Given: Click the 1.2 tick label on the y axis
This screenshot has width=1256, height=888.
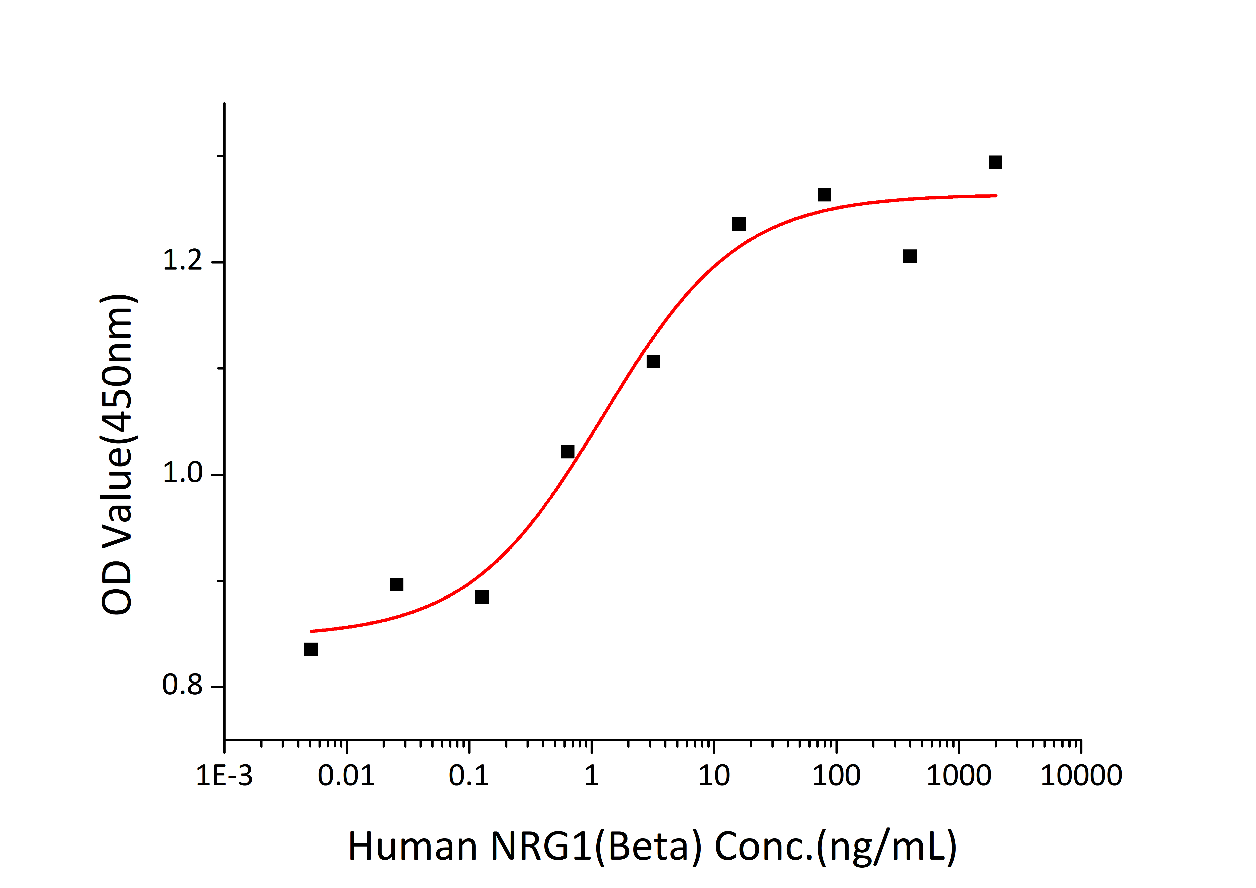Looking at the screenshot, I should coord(183,260).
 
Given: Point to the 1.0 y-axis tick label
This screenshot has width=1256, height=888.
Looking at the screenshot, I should coord(183,473).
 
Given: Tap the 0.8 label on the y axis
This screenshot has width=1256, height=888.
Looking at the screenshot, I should coord(183,685).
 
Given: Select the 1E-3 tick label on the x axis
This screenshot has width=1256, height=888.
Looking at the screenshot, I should coord(224,776).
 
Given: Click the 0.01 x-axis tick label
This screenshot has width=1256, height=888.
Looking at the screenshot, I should coord(346,776).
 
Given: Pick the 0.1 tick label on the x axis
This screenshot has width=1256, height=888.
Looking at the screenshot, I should coord(469,776).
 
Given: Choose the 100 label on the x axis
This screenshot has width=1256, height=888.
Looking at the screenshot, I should coord(836,776).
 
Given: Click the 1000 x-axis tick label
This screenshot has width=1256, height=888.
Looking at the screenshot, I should coord(958,776).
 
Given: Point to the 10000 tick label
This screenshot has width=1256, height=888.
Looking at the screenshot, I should coord(1081,776).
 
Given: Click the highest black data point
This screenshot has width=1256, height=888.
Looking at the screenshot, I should coord(995,163).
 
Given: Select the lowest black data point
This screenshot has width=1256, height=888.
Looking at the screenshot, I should coord(311,649).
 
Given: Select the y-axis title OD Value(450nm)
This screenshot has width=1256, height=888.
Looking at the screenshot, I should coord(118,454).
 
